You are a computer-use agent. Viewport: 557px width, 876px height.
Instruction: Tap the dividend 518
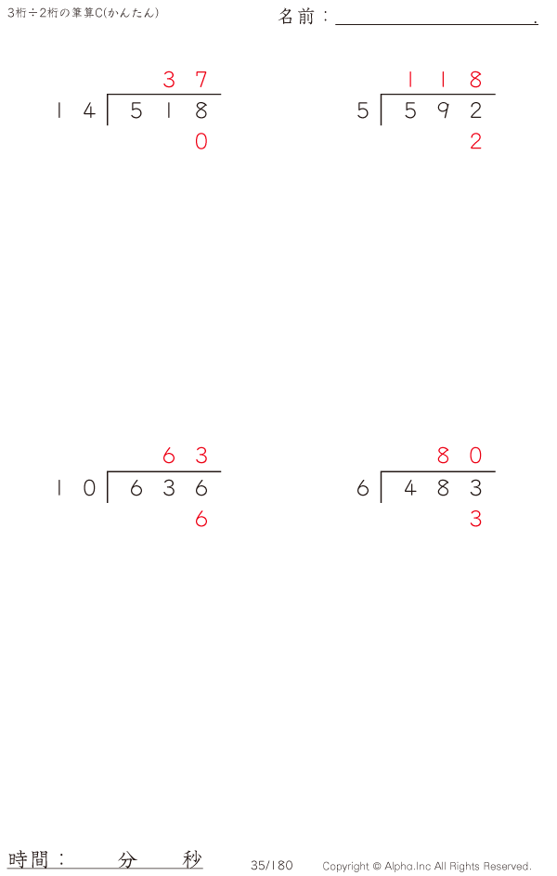click(x=168, y=111)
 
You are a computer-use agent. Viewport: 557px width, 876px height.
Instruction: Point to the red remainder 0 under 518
click(x=201, y=142)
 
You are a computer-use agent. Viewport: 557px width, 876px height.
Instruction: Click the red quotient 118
click(x=443, y=80)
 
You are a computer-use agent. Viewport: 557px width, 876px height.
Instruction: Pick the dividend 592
click(x=443, y=111)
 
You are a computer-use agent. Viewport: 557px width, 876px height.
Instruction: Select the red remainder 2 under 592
click(x=475, y=142)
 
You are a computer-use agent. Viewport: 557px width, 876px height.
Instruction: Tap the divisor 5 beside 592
click(x=362, y=111)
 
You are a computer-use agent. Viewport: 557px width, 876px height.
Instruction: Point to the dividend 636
click(x=168, y=488)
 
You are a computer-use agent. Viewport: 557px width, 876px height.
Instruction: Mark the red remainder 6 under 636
click(x=201, y=520)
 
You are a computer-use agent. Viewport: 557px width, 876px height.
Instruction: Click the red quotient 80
click(x=460, y=456)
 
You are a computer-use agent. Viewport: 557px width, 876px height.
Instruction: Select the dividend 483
click(x=443, y=488)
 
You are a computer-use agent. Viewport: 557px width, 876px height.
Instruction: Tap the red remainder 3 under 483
click(x=475, y=520)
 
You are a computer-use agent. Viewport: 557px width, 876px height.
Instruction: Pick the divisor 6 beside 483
click(x=362, y=488)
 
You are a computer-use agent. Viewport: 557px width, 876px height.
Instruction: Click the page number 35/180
click(x=271, y=865)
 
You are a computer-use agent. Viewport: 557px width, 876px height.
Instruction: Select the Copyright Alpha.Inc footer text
click(x=426, y=866)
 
